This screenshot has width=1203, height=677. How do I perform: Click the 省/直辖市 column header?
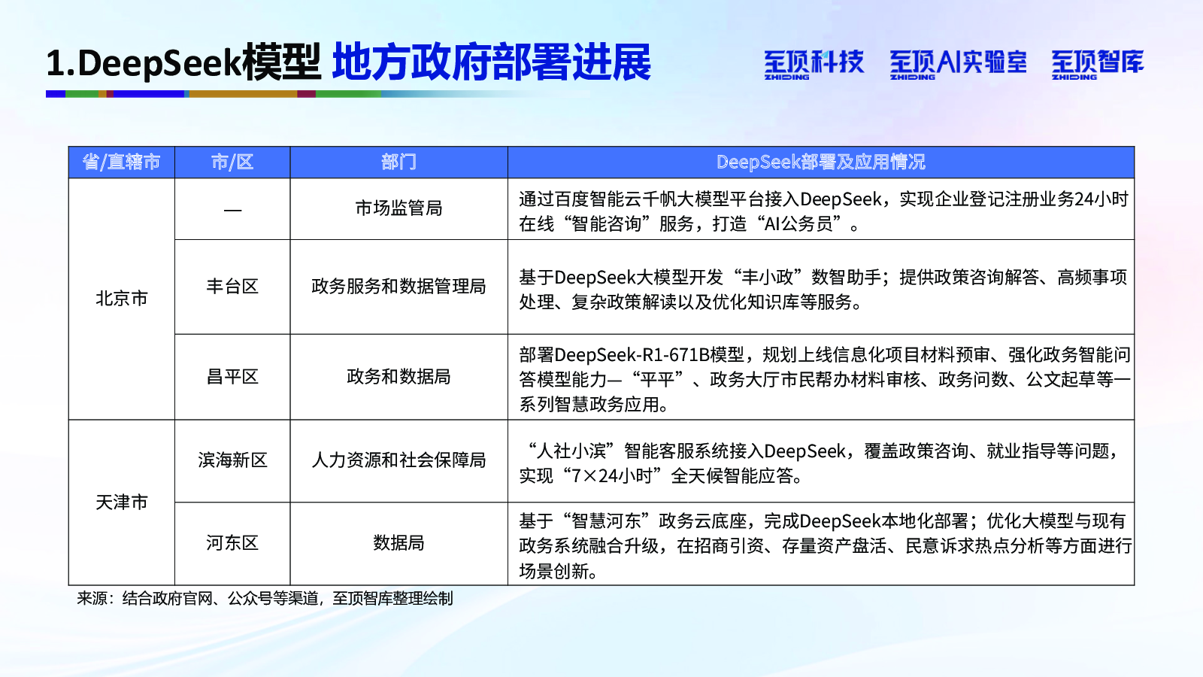tap(121, 162)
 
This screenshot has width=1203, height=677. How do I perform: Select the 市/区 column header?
tap(232, 162)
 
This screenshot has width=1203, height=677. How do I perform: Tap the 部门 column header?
tap(398, 162)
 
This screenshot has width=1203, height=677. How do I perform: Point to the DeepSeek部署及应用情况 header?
tap(820, 162)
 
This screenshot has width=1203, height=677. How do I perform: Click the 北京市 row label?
tap(121, 298)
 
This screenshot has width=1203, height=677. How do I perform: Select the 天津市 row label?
tap(121, 502)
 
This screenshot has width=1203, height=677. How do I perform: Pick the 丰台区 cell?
tap(232, 286)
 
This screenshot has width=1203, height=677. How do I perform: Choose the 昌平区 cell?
tap(232, 376)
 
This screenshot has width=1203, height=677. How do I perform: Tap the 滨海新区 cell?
tap(232, 460)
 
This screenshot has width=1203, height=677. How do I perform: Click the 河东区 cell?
tap(232, 542)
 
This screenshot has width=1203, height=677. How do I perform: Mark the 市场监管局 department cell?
tap(398, 208)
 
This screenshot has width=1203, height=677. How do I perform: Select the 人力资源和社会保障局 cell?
tap(398, 460)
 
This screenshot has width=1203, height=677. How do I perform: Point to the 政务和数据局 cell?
tap(398, 376)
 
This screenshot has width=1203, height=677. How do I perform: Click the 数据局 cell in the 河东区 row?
tap(398, 542)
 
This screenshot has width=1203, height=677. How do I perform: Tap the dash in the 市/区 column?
tap(232, 210)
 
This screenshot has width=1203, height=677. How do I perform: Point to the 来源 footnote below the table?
tap(265, 598)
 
